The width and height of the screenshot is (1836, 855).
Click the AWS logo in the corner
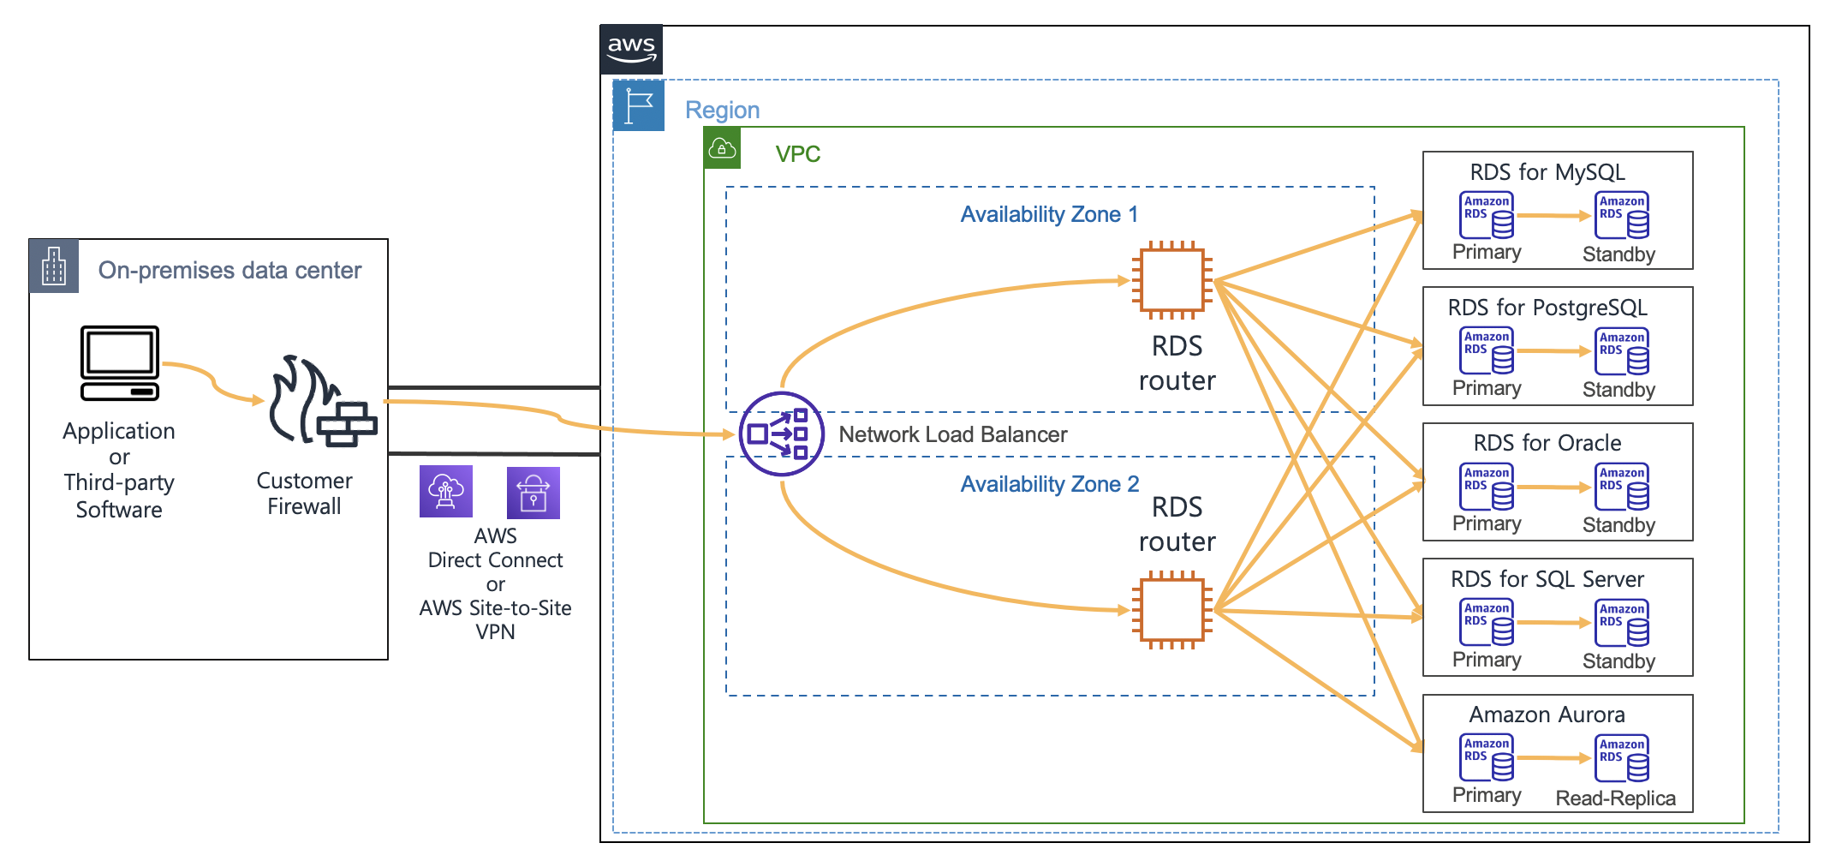[631, 49]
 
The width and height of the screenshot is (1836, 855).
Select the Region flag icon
[639, 105]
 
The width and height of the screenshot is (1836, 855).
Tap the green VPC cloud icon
[722, 149]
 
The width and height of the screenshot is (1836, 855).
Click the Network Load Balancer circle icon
[781, 434]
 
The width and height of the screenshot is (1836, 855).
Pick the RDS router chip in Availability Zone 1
[1172, 280]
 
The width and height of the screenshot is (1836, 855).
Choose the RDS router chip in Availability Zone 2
[1172, 610]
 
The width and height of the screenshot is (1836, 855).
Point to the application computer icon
[120, 363]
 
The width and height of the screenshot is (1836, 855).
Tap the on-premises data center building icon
[54, 266]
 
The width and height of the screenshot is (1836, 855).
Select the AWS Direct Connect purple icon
[446, 492]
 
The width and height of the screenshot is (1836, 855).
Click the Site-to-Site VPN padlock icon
[534, 493]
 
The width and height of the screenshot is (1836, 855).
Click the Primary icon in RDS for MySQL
[1487, 215]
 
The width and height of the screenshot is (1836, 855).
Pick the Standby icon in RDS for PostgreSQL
[1622, 351]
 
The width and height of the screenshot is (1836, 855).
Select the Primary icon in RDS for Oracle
[1487, 487]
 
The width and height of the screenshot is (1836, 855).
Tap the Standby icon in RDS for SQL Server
[1622, 623]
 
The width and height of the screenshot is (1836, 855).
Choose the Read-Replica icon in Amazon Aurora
[1622, 758]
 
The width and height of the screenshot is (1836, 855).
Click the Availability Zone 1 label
[1049, 214]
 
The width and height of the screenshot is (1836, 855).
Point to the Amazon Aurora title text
[1547, 714]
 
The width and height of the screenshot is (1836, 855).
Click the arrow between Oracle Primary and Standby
[1553, 487]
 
